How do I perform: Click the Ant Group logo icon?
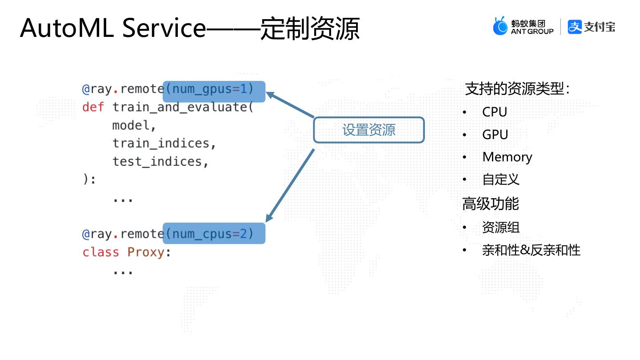point(500,26)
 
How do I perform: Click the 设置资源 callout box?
point(369,130)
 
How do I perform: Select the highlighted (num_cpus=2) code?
point(214,233)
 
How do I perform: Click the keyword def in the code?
point(93,107)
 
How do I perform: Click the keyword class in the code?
point(101,252)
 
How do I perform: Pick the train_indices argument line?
point(164,143)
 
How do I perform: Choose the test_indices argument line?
point(160,161)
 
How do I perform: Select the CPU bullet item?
point(494,112)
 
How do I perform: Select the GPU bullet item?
point(495,135)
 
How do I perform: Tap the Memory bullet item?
point(507,157)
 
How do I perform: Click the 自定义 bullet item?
point(500,180)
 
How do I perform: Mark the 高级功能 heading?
point(490,204)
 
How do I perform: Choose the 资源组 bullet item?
point(500,227)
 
